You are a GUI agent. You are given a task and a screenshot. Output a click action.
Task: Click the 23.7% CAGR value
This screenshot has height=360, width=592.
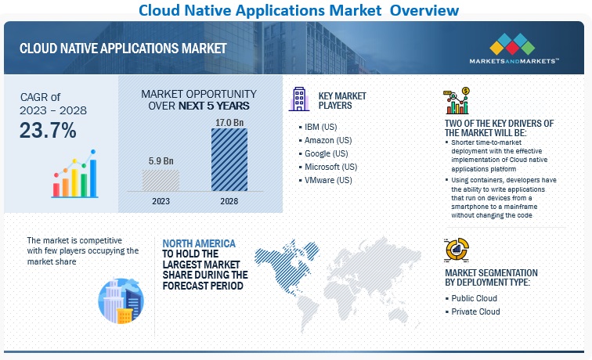[x=49, y=131]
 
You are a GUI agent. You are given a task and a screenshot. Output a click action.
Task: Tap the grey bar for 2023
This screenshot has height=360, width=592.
[x=161, y=180]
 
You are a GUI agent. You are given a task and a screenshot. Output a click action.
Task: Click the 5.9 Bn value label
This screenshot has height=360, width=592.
[x=161, y=162]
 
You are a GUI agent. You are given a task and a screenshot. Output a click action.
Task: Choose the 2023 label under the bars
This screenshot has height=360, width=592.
[x=161, y=200]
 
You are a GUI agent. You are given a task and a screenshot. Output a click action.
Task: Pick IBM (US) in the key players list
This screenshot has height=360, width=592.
[x=322, y=126]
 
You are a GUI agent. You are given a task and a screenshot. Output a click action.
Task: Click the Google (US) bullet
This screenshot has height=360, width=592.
[x=327, y=153]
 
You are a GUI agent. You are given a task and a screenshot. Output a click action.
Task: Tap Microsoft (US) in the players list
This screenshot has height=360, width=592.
[x=331, y=166]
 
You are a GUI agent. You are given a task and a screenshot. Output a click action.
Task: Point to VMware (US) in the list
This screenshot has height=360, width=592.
[x=328, y=179]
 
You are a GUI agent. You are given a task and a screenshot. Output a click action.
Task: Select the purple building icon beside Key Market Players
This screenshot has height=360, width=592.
[x=299, y=99]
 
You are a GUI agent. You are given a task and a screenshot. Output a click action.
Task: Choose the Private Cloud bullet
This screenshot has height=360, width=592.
[x=476, y=311]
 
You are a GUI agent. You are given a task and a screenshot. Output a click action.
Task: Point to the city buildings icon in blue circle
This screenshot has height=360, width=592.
[x=120, y=301]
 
